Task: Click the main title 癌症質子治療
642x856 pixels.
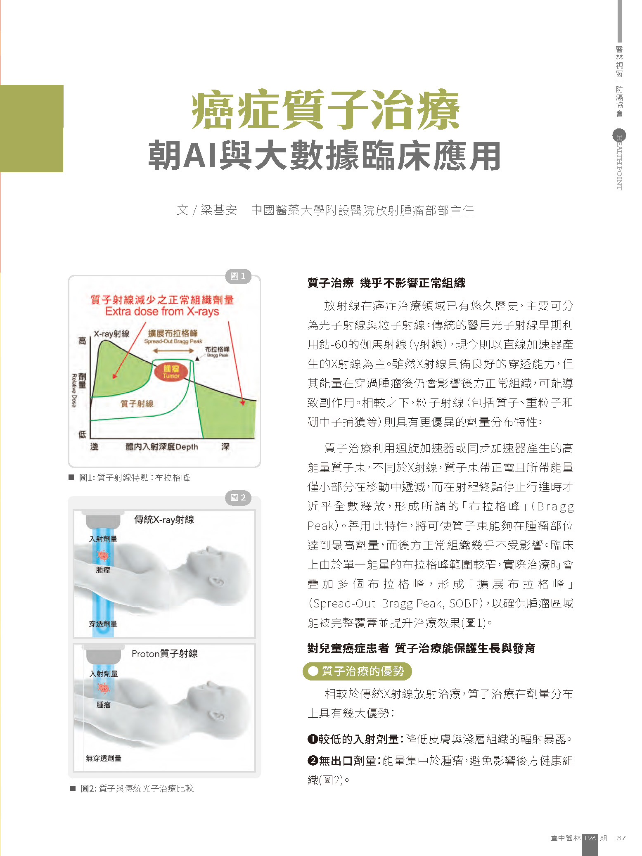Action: (x=325, y=110)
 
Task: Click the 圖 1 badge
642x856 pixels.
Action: (x=238, y=276)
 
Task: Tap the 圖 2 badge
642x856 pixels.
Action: (x=238, y=498)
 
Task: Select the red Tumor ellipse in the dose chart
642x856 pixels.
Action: (x=171, y=372)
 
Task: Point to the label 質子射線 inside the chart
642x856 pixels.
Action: (x=137, y=403)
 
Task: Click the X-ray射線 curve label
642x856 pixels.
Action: (x=111, y=334)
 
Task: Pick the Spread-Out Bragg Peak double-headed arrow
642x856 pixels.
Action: (x=173, y=351)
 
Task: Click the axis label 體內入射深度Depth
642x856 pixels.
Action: (x=162, y=447)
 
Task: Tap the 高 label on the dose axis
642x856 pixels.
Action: (x=83, y=341)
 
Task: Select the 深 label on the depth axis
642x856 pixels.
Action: (x=225, y=447)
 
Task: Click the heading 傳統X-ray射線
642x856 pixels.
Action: (x=164, y=519)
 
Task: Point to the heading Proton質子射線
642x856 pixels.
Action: (x=164, y=654)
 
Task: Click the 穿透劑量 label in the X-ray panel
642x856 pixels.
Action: (x=103, y=624)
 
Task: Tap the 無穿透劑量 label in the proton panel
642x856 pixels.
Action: (x=104, y=758)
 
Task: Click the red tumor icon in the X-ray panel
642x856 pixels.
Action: (x=103, y=556)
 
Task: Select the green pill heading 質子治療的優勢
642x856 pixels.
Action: (x=357, y=671)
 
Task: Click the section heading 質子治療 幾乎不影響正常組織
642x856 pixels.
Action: (x=386, y=283)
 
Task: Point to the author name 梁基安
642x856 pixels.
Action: (x=219, y=211)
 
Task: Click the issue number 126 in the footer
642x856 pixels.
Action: (x=590, y=838)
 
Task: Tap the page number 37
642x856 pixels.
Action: (x=621, y=838)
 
